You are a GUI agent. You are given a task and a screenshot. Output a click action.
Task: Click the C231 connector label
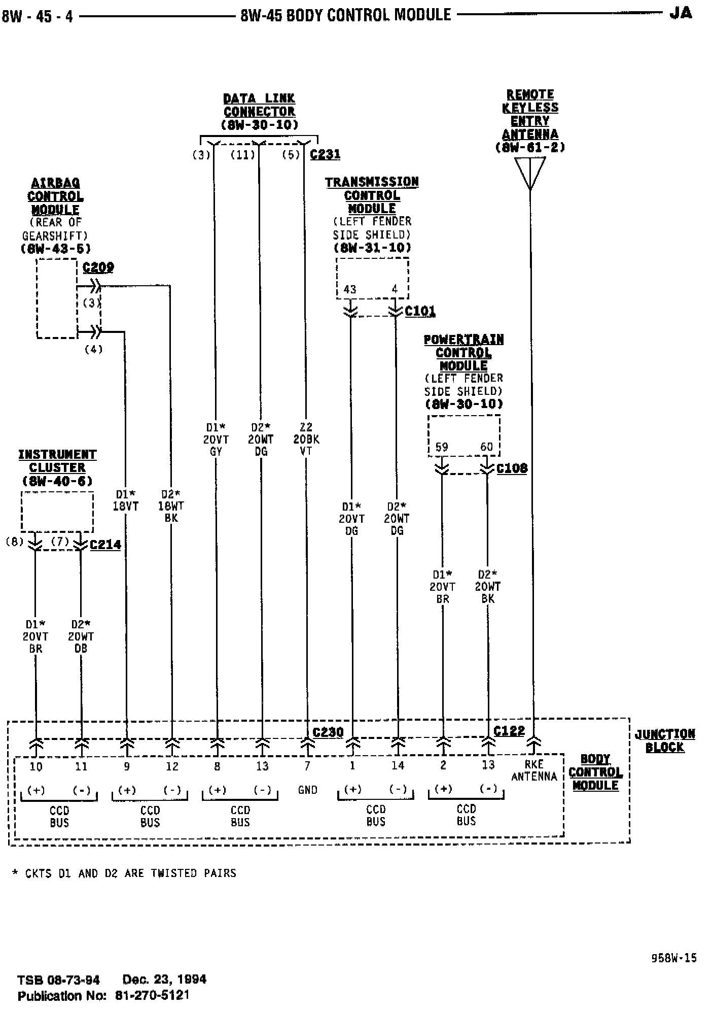point(325,154)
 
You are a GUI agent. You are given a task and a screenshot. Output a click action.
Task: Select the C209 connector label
point(98,267)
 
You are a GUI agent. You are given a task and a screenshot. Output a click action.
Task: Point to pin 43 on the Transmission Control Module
point(350,290)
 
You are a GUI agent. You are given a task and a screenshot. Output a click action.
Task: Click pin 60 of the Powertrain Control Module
point(486,447)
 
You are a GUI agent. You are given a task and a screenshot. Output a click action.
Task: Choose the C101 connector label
point(420,311)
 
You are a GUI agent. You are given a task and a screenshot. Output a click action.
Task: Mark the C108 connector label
point(512,468)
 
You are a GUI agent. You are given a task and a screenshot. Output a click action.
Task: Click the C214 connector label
point(105,545)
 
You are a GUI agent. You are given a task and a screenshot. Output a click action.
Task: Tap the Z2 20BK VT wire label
point(306,440)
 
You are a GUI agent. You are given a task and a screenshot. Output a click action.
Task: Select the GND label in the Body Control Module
point(308,790)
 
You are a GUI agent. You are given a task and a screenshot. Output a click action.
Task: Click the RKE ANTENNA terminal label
point(534,770)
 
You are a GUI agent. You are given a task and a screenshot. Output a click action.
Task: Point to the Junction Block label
point(665,740)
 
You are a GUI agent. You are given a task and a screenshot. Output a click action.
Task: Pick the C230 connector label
point(328,732)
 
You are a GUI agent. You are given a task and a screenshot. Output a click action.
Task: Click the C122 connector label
point(509,731)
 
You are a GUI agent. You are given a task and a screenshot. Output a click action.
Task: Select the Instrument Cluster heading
point(57,461)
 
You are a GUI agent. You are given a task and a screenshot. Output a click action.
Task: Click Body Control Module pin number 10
point(36,766)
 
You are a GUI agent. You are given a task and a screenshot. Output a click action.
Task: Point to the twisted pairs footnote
point(124,873)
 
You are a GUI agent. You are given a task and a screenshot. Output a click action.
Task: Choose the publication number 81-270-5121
point(152,995)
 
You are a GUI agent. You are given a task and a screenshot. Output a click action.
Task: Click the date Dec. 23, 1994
point(164,979)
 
